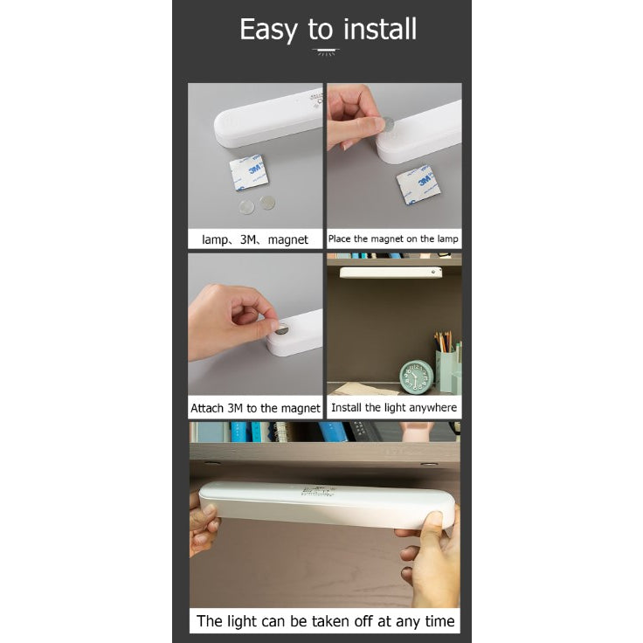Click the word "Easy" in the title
[268, 30]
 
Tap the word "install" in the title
[380, 29]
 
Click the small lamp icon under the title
[326, 52]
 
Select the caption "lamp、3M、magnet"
[254, 239]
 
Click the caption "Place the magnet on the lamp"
[393, 239]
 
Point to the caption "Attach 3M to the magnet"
[255, 408]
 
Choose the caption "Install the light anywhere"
[394, 407]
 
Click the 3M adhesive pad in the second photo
[418, 184]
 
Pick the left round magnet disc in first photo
[246, 206]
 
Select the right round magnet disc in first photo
[267, 202]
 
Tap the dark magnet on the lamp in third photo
[282, 328]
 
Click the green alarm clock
[416, 375]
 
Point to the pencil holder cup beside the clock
[446, 371]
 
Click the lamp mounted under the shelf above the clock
[391, 273]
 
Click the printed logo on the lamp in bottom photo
[317, 490]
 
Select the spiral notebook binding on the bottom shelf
[282, 432]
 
